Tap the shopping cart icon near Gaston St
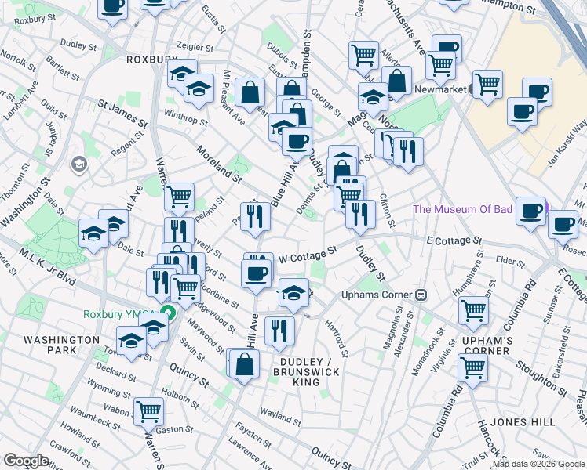point(148,410)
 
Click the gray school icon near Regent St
point(78,164)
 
